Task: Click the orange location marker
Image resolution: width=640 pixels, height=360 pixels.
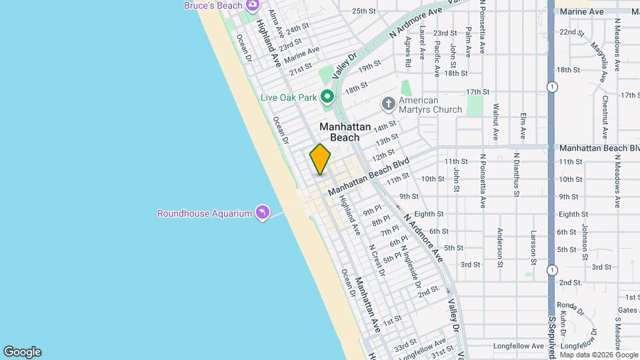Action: [x=321, y=159]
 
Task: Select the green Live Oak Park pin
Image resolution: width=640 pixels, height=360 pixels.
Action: [x=327, y=97]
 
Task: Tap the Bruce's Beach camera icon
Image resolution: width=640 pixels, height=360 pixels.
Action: [x=252, y=6]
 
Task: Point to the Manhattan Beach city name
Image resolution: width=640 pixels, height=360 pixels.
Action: [x=345, y=132]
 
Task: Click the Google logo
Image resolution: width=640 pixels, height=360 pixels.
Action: [x=22, y=352]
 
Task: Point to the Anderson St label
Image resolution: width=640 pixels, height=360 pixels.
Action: [x=499, y=247]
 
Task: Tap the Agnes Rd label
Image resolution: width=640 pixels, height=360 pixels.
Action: [x=407, y=53]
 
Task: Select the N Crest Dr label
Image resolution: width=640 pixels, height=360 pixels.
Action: [x=377, y=261]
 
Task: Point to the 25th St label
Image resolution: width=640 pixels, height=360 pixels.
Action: [x=365, y=11]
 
